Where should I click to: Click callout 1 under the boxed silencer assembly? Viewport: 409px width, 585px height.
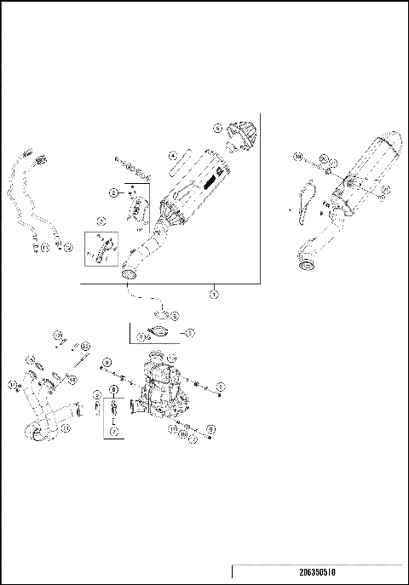tap(213, 294)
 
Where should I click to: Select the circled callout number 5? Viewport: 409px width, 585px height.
tap(218, 128)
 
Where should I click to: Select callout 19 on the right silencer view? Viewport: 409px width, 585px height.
tap(299, 157)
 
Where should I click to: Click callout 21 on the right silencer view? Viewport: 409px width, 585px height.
tap(385, 189)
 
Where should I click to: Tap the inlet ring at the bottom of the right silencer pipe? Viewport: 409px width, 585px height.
tap(301, 272)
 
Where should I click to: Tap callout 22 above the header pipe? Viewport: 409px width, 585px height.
tap(84, 345)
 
